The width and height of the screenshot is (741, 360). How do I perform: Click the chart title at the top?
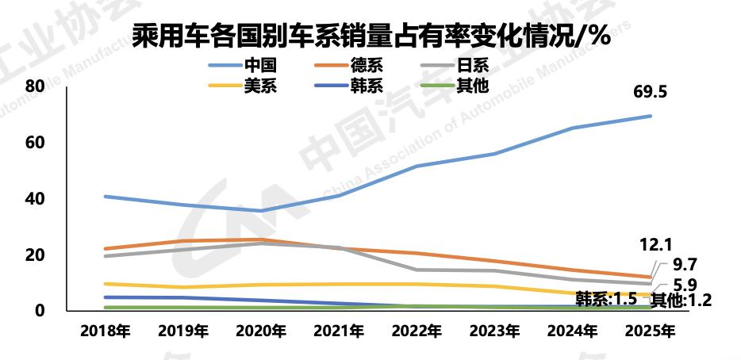pyautogui.click(x=370, y=36)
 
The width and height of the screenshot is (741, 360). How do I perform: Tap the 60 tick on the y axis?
pyautogui.click(x=34, y=142)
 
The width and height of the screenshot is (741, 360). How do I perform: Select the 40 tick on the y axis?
pyautogui.click(x=34, y=198)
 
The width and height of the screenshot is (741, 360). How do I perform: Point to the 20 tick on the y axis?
pyautogui.click(x=34, y=255)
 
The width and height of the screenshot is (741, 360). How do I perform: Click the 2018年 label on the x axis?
pyautogui.click(x=106, y=332)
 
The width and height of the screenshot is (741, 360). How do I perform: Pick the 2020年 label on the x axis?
pyautogui.click(x=262, y=332)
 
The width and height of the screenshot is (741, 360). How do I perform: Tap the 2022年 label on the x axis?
pyautogui.click(x=417, y=332)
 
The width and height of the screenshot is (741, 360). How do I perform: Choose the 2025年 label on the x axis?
pyautogui.click(x=651, y=332)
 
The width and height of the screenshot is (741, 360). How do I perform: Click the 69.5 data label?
pyautogui.click(x=650, y=92)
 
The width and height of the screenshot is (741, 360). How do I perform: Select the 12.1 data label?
pyautogui.click(x=655, y=243)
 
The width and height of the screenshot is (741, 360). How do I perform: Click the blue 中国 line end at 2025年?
pyautogui.click(x=651, y=116)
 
